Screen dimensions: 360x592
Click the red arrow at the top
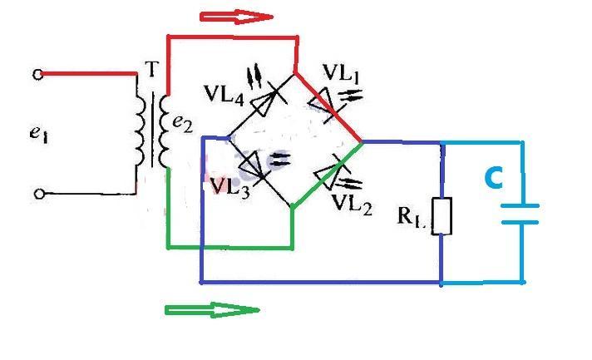[236, 16]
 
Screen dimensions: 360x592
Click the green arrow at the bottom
[212, 310]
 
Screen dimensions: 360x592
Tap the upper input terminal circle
[37, 75]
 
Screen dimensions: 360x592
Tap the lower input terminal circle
[37, 195]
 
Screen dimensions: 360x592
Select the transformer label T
[151, 72]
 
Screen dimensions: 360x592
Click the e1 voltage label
[38, 133]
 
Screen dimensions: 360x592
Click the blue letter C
[494, 178]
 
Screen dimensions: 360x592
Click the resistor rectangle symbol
[442, 216]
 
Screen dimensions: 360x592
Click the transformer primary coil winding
[142, 128]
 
